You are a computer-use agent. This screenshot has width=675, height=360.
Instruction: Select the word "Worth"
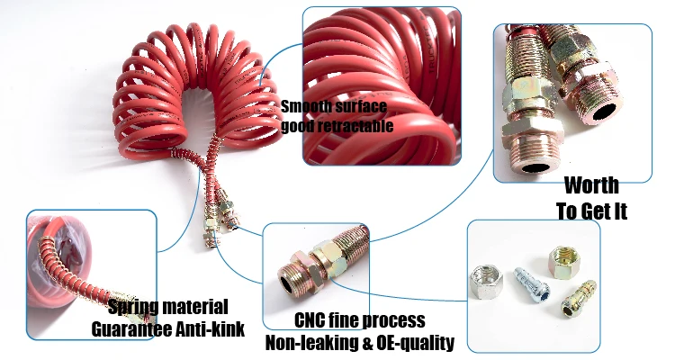coord(591,186)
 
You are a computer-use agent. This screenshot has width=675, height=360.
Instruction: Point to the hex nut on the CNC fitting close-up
coord(317,267)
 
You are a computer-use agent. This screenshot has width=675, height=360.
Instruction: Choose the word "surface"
coord(365,106)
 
